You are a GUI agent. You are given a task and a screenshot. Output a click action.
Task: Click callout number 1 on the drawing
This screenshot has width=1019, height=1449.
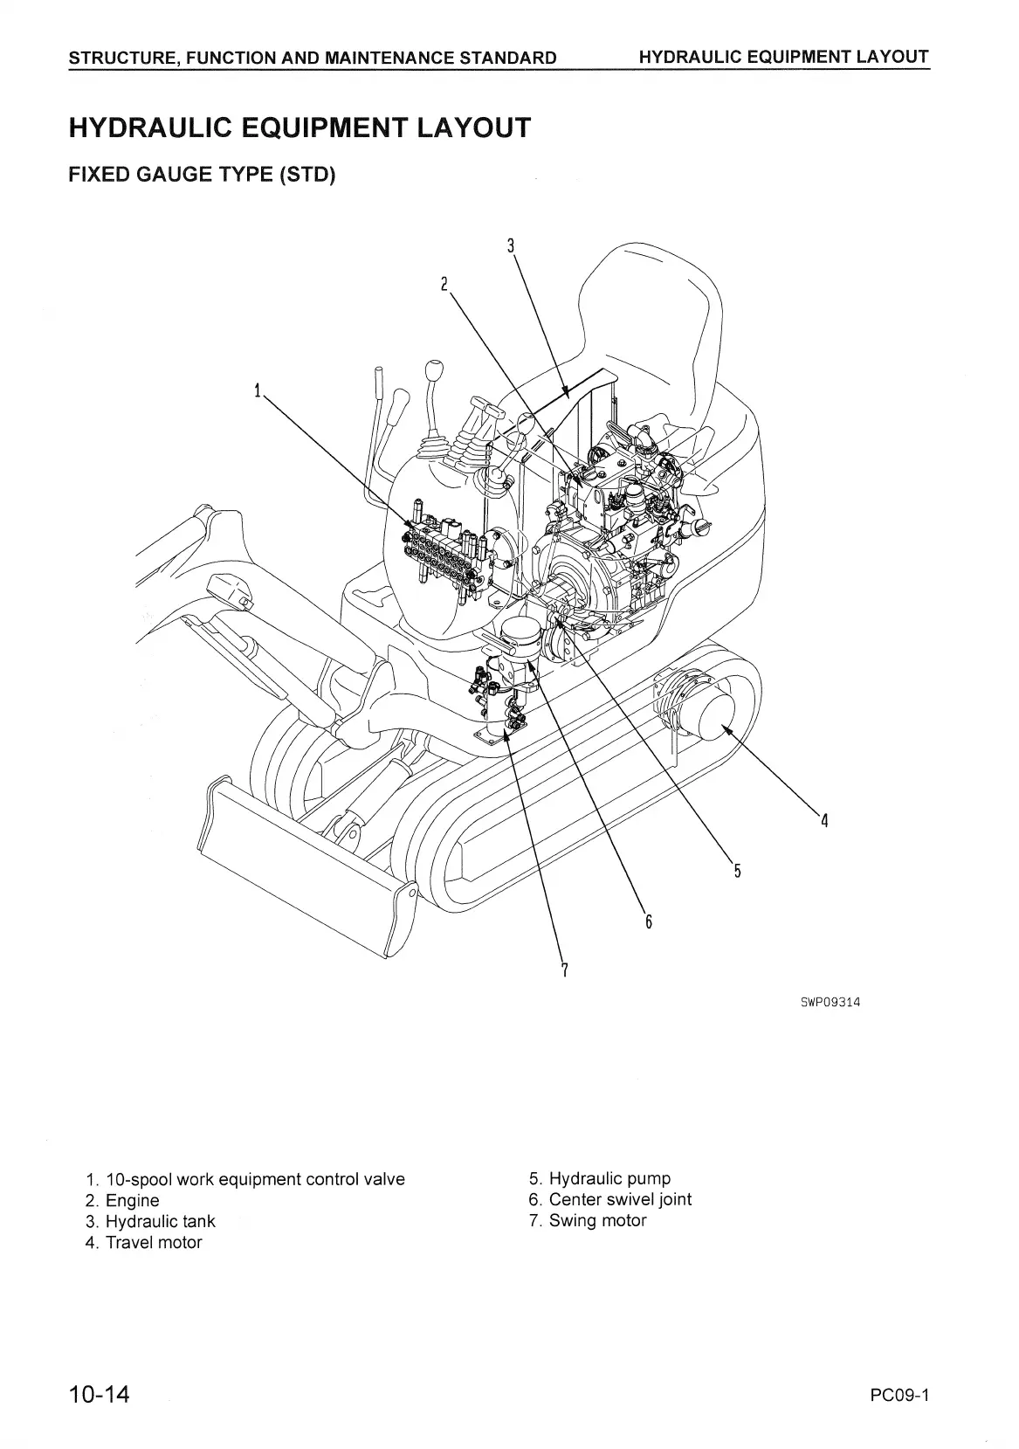(258, 390)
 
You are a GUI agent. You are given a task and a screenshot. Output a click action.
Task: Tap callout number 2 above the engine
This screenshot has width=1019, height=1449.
(444, 283)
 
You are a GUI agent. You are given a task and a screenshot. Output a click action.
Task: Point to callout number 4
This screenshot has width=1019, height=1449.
(823, 820)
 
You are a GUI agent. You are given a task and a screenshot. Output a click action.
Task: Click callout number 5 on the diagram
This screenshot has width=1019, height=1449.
(737, 870)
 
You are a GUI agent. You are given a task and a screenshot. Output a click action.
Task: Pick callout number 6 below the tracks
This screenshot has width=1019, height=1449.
(649, 921)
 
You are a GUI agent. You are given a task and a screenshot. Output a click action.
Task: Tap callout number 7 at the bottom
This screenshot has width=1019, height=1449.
(565, 969)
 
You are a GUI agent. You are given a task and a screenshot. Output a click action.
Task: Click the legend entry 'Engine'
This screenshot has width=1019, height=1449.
(132, 1200)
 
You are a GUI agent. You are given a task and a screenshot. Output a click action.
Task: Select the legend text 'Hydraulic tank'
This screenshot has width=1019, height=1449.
(160, 1221)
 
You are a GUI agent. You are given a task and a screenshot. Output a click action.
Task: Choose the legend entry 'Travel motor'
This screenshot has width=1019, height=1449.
(154, 1242)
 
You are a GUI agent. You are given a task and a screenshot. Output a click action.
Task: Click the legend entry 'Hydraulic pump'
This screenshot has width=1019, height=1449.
(609, 1178)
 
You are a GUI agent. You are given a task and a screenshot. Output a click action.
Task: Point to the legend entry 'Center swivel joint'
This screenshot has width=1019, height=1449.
(620, 1199)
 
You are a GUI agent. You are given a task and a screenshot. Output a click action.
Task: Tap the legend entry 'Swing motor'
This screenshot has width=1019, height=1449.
(597, 1220)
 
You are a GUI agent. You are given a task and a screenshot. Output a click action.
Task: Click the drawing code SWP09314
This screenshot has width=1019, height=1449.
(830, 1002)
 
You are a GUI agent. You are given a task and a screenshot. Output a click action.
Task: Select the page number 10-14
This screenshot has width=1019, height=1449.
(100, 1394)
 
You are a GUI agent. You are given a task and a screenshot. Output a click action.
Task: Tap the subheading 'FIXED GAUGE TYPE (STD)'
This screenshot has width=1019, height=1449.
(202, 174)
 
